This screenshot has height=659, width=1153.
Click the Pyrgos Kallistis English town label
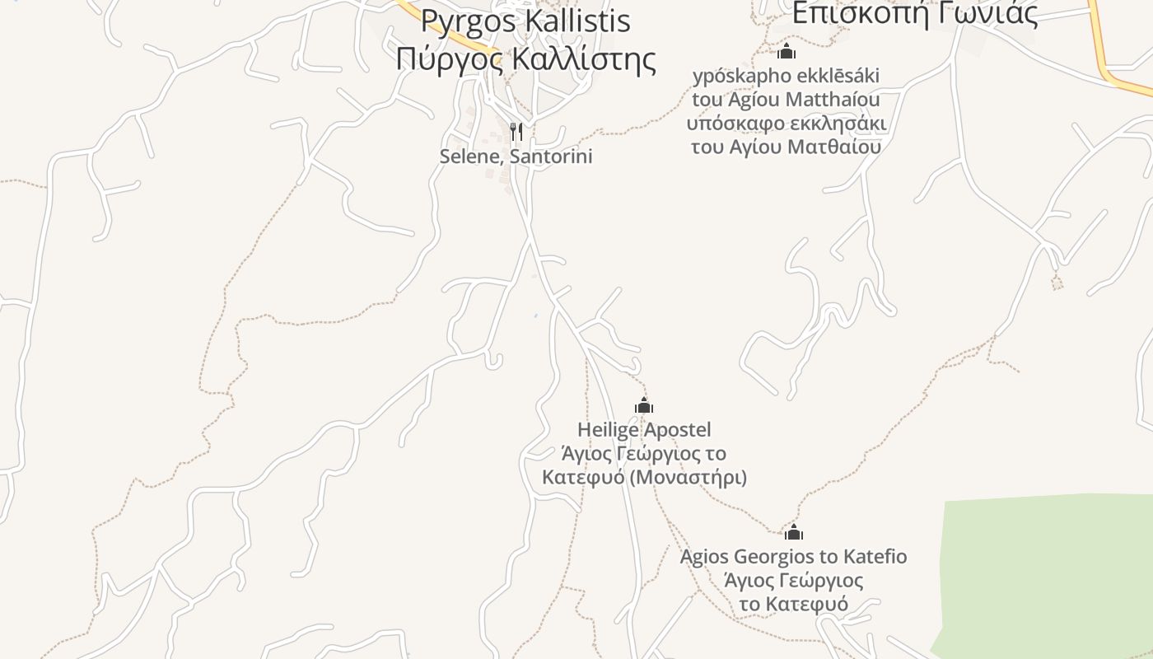point(525,21)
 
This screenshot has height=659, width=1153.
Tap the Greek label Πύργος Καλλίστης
point(525,59)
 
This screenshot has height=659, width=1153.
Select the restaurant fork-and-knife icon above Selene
point(516,132)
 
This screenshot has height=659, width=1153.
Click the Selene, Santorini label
point(516,157)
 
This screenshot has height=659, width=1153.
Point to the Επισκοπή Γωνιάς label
point(914,13)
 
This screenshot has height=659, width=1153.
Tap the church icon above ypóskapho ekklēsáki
point(787,52)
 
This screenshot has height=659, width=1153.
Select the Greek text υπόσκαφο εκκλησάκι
point(786,124)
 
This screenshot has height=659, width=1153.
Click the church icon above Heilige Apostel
point(644,405)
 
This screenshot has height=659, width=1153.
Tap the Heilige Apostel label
point(644,429)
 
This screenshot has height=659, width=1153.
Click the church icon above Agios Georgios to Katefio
point(794,532)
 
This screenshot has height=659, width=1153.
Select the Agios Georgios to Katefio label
point(793,557)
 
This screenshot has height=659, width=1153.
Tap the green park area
point(1046,577)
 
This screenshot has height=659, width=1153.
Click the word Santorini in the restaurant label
point(552,157)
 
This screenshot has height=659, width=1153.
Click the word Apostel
point(678,429)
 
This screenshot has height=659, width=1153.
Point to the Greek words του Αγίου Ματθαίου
point(786,147)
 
